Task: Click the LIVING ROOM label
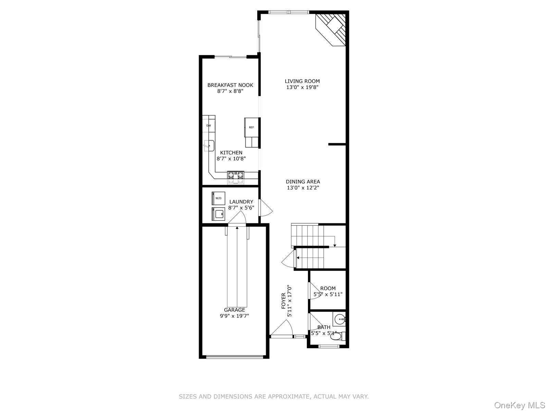(302, 81)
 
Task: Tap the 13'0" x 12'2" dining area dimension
(303, 188)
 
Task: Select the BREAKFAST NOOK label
(230, 85)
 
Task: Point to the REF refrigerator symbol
(251, 127)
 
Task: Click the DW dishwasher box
(209, 126)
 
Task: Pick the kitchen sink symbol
(209, 146)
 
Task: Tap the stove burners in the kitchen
(236, 175)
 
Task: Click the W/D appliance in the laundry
(218, 198)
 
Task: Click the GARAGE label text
(235, 310)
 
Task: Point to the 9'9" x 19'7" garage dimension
(235, 316)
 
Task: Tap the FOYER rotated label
(283, 301)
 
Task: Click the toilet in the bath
(336, 337)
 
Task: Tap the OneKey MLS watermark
(519, 406)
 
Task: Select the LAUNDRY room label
(241, 202)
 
